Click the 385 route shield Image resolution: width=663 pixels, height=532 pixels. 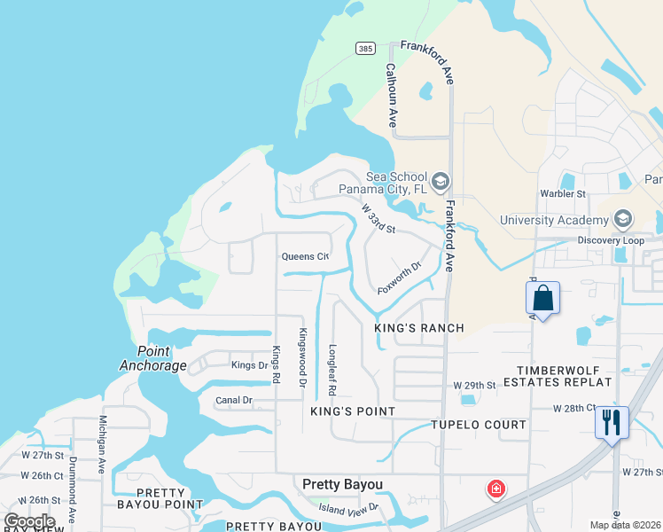[365, 47]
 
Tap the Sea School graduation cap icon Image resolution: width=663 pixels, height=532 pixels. [442, 181]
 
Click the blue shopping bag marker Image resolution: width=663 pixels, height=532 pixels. [543, 299]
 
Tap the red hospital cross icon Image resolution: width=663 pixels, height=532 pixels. [495, 489]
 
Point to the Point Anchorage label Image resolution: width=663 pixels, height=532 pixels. [151, 357]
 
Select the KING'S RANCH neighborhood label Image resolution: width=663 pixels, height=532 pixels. [419, 328]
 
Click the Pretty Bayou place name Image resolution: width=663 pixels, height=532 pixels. [342, 484]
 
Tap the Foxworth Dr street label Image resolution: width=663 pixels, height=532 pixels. [397, 278]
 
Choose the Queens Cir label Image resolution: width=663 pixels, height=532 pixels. [305, 257]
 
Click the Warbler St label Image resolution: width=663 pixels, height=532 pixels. [564, 193]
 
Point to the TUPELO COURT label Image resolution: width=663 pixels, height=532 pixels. [479, 425]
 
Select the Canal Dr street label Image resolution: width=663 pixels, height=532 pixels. [234, 401]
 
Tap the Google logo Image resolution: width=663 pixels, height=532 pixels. [29, 521]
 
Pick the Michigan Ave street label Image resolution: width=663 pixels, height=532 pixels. [103, 443]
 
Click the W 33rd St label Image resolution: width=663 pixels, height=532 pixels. [378, 218]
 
